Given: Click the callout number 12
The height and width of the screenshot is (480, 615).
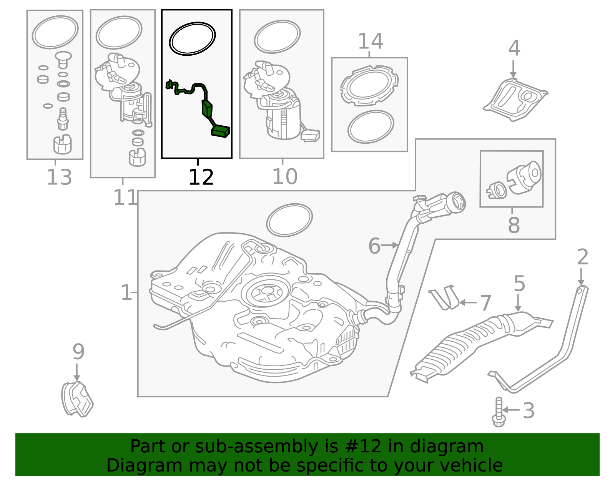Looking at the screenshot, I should [x=201, y=177].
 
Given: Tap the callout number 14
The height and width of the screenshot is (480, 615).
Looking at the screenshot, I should [x=370, y=42].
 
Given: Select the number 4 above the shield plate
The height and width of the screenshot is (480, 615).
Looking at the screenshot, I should [x=514, y=49].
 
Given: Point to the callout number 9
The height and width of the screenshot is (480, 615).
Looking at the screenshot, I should [x=78, y=352].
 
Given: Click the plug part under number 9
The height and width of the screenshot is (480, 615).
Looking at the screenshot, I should [x=77, y=400].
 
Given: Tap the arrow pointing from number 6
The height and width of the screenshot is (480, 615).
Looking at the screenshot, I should [x=391, y=245].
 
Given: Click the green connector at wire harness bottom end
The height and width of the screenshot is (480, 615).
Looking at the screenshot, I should [x=221, y=131].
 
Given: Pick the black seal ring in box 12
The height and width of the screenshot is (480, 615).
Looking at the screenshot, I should [x=193, y=38].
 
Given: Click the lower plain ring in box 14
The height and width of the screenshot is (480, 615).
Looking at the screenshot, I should [x=371, y=127].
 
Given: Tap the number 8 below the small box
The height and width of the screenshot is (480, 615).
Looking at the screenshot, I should [x=514, y=225].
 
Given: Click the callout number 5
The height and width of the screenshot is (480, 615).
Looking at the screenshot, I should [x=519, y=284].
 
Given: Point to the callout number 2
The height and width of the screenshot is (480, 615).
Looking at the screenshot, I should [x=582, y=257].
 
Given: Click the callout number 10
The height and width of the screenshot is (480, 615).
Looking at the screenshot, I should [x=284, y=177].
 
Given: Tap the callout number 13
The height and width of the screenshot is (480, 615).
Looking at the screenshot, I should [x=59, y=178].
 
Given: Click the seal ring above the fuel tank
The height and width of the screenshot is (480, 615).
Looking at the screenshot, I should [x=289, y=220].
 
